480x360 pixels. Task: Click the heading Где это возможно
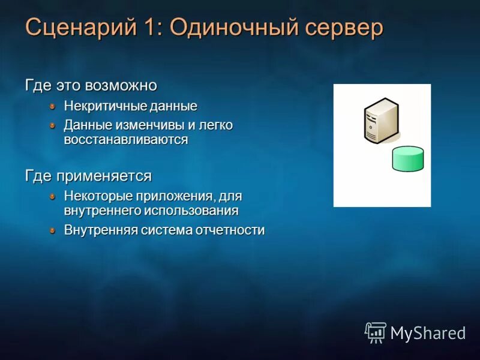91,85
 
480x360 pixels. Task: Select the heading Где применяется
88,176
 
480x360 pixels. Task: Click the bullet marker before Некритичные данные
53,106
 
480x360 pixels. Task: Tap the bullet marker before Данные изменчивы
53,125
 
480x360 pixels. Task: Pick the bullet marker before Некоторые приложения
53,196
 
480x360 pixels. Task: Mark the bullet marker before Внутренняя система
53,230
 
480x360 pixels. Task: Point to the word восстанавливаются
126,140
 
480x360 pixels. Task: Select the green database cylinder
407,159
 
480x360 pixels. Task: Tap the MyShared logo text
428,332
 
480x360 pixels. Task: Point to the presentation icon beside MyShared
376,332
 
